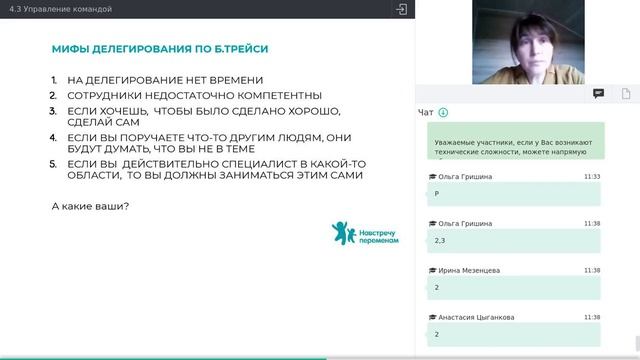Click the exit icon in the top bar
pyautogui.click(x=401, y=9)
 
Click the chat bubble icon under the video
pyautogui.click(x=598, y=93)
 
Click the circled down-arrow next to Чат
pyautogui.click(x=443, y=113)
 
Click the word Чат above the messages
pyautogui.click(x=426, y=113)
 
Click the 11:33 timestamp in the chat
pyautogui.click(x=592, y=176)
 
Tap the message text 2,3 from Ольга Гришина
pyautogui.click(x=440, y=240)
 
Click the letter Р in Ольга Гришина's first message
pyautogui.click(x=437, y=193)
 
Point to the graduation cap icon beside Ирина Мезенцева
pyautogui.click(x=431, y=270)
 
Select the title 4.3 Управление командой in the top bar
pyautogui.click(x=59, y=9)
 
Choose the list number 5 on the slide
pyautogui.click(x=55, y=162)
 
